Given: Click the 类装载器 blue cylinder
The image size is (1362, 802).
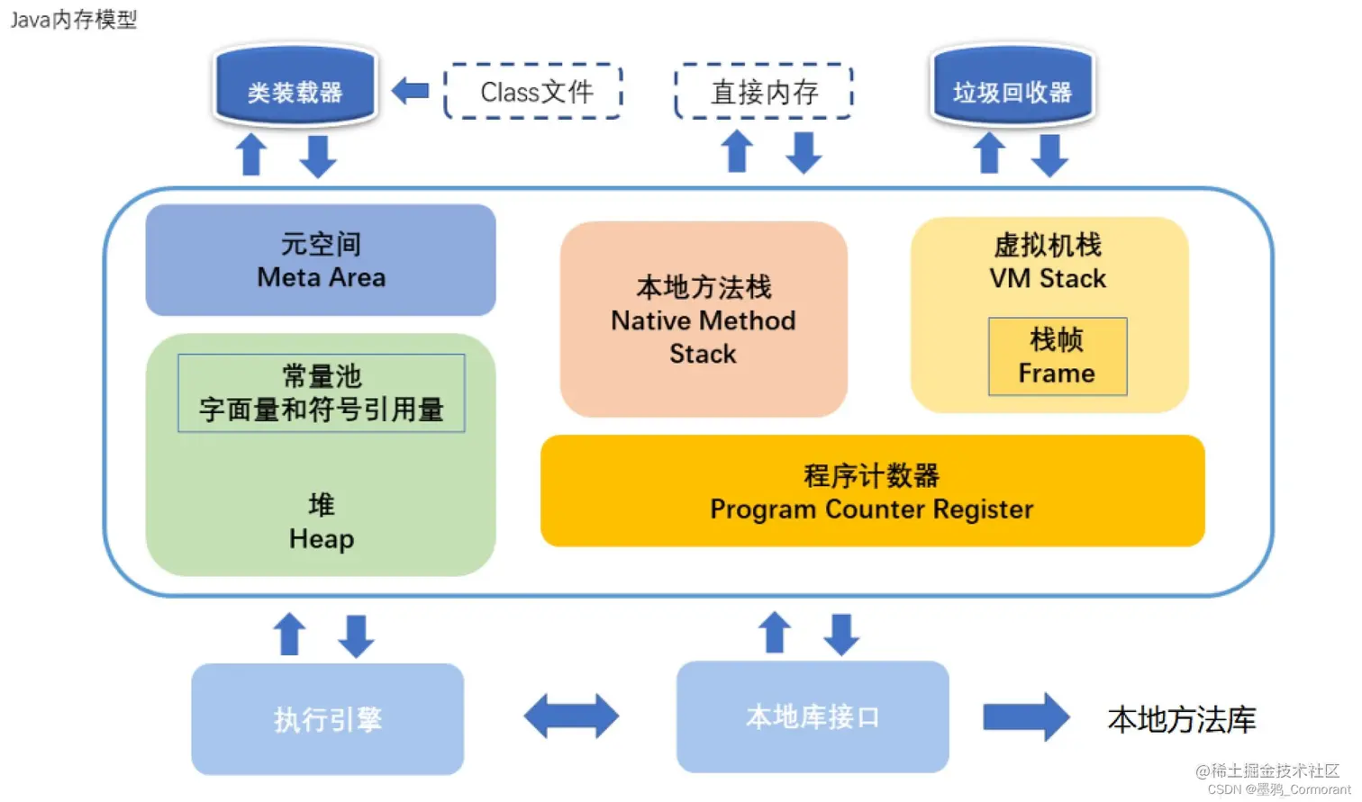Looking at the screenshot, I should pos(295,87).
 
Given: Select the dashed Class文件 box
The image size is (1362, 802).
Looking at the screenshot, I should pos(534,92).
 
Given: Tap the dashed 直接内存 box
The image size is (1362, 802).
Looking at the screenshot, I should pos(764,92).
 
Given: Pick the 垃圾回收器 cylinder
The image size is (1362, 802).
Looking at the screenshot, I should pos(1012,87).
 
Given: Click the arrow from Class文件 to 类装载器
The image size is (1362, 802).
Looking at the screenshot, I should pos(411,91).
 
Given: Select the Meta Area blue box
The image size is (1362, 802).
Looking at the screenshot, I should pos(321,260).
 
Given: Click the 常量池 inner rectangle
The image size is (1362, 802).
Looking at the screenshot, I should pos(322,393).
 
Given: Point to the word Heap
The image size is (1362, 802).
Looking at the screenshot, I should pos(322,539).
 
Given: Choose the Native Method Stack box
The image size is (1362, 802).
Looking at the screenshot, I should pos(704,320).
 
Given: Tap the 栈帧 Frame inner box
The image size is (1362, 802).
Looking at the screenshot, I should pos(1058,356).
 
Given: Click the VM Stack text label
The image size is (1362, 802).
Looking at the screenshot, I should pos(1048,279).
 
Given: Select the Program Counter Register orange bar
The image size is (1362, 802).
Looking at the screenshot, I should pos(872,491).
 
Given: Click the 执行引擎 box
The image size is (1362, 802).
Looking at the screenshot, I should pos(328,719).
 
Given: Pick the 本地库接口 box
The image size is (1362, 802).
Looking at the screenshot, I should pos(813,717).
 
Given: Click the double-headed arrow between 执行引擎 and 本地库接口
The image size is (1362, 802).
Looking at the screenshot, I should pos(571,716).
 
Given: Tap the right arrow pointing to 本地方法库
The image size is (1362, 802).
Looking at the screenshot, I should pos(1025,717).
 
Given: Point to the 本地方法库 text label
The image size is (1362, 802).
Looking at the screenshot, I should pos(1181,720).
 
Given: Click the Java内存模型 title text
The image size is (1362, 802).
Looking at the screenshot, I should pos(74,20).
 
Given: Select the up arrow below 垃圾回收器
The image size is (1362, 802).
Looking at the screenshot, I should pos(990,154).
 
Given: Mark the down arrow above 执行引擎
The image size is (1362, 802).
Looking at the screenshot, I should pos(357,635).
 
